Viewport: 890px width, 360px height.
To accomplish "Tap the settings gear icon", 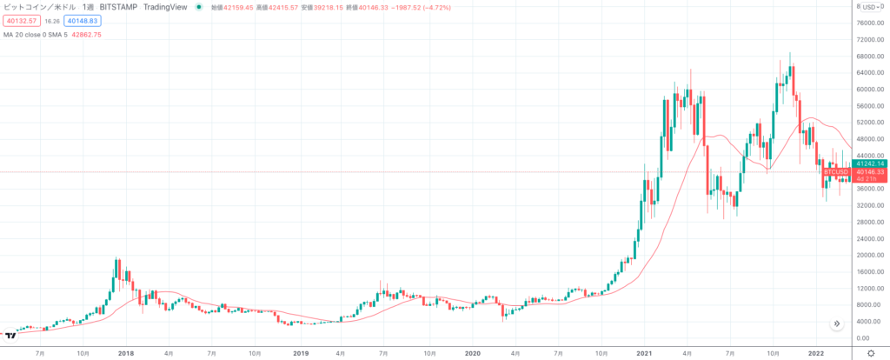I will pyautogui.click(x=873, y=354).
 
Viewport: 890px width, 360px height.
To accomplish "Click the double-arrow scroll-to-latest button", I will pyautogui.click(x=836, y=323).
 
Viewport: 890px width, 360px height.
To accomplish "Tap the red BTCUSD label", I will pyautogui.click(x=836, y=172).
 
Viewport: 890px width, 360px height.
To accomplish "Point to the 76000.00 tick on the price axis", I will pyautogui.click(x=871, y=23).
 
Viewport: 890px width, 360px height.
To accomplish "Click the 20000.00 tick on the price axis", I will pyautogui.click(x=871, y=255).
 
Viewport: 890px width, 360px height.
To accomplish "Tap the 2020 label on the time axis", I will pyautogui.click(x=473, y=354).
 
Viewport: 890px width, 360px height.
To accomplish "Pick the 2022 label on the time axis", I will pyautogui.click(x=815, y=354).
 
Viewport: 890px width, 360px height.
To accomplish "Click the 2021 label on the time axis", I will pyautogui.click(x=644, y=354).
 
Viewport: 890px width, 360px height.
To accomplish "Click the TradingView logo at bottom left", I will pyautogui.click(x=11, y=335).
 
